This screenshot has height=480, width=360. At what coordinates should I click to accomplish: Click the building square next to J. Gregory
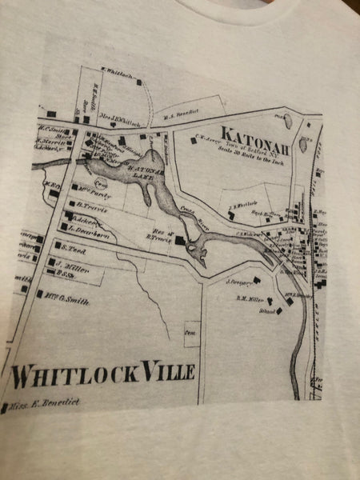click(257, 280)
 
